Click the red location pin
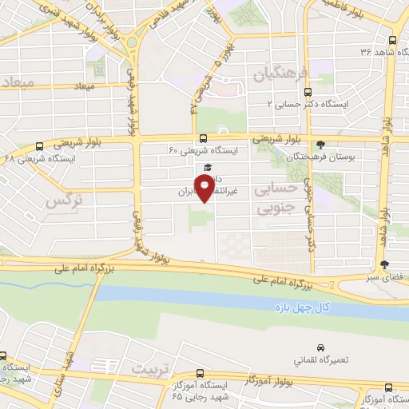point(204,187)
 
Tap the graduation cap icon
point(208,168)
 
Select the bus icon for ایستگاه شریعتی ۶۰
point(203,137)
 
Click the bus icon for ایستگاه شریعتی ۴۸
point(40,146)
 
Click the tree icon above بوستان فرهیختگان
point(321,145)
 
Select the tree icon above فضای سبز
point(385,264)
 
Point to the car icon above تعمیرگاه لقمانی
point(321,349)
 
